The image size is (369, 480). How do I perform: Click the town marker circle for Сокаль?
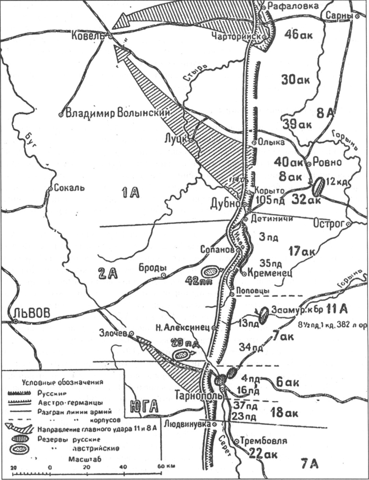[x=51, y=188]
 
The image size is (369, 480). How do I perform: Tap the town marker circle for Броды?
[x=163, y=275]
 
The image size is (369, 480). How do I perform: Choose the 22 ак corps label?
[x=263, y=454]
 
